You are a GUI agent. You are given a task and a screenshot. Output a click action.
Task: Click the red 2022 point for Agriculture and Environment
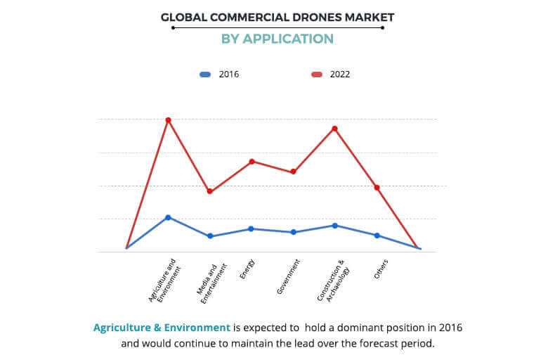pos(168,120)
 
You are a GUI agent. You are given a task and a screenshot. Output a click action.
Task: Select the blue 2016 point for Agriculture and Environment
pos(168,217)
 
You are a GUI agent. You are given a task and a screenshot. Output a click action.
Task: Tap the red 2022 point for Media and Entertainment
pos(209,191)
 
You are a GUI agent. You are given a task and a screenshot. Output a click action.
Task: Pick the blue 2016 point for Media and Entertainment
pos(209,236)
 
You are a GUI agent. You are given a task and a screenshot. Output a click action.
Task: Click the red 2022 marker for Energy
pos(252,162)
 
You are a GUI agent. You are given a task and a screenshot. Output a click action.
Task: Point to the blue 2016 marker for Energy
pos(252,229)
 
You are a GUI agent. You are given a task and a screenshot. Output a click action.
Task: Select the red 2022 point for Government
pos(294,172)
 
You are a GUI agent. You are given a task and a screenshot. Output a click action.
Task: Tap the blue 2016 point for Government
pos(294,232)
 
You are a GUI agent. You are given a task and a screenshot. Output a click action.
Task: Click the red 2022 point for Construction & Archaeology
pos(335,129)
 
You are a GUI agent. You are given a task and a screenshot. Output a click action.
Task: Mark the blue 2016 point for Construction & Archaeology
pos(335,225)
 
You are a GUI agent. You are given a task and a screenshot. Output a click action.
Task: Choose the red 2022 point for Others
pos(377,188)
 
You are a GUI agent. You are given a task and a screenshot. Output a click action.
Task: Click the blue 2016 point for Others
pos(377,236)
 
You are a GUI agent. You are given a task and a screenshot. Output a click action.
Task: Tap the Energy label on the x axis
pos(247,270)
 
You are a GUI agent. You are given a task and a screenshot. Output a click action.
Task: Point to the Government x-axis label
pos(289,276)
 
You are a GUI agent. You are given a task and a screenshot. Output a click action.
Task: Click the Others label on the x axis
pos(381,269)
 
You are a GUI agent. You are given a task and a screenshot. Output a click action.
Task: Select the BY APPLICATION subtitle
pos(277,39)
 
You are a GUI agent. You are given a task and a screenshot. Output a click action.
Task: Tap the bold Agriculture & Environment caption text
pos(162,328)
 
